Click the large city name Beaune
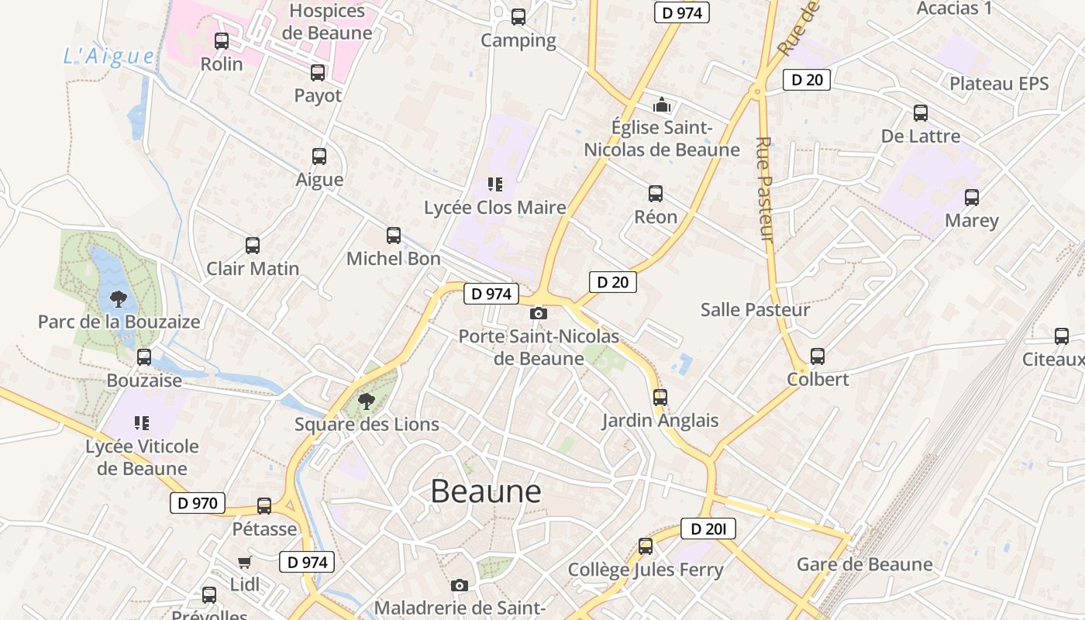[486, 491]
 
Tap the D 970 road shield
[198, 503]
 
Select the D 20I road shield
[708, 529]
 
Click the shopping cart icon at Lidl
[245, 562]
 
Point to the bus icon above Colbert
[818, 356]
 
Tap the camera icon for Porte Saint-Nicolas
[538, 313]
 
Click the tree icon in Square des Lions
[367, 401]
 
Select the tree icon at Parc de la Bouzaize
[119, 298]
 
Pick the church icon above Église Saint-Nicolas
[662, 104]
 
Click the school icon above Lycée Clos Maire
[494, 184]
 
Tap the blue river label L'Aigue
[109, 56]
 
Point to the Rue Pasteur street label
[766, 189]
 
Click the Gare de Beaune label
[864, 564]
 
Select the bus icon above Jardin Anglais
[660, 398]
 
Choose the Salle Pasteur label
[755, 310]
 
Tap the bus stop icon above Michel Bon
[394, 236]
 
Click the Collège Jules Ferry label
[646, 570]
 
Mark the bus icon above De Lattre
[921, 113]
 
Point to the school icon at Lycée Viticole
[142, 423]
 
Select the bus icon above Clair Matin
[253, 246]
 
